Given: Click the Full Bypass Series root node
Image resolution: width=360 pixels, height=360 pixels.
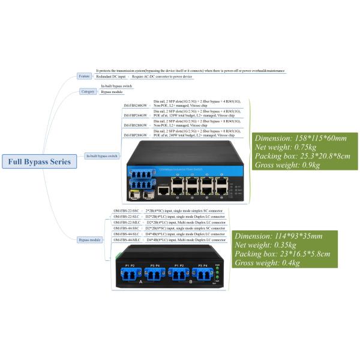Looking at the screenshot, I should click(39, 161).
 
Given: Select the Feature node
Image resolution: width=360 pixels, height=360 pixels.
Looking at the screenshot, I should click(85, 76).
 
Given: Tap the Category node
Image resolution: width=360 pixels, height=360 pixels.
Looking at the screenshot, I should click(87, 91).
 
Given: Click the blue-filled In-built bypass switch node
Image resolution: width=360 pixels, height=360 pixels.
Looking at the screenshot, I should click(102, 156).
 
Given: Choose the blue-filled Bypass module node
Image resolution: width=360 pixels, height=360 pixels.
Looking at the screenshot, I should click(89, 239).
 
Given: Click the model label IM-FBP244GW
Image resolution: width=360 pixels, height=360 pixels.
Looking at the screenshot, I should click(135, 115).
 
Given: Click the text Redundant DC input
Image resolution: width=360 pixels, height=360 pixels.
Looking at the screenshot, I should click(112, 77).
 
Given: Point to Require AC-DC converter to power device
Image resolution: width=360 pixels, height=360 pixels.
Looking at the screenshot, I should click(162, 77).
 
